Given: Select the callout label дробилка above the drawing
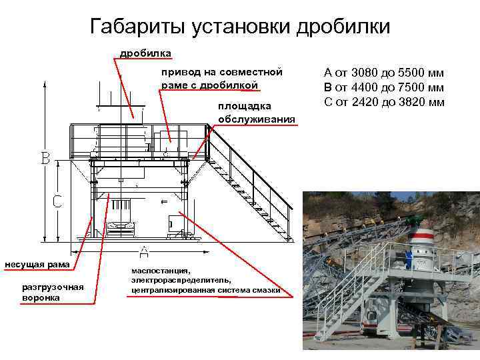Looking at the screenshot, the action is (145, 53).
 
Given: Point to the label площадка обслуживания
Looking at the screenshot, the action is (256, 113).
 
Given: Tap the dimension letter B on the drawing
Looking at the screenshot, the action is (45, 159).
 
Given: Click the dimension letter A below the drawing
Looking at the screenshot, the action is (143, 251).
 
